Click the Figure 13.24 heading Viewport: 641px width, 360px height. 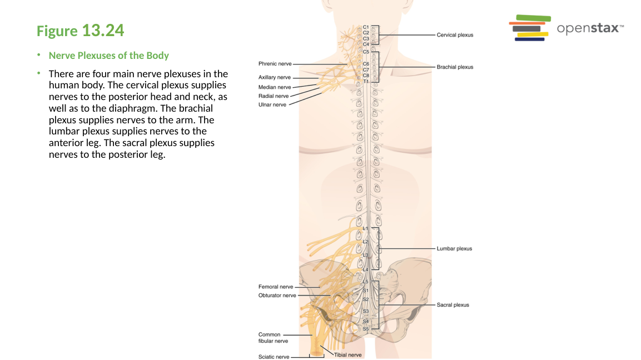point(80,31)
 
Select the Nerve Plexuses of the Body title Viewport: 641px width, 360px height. point(109,56)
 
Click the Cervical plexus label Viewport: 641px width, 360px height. point(455,35)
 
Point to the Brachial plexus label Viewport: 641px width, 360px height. point(455,67)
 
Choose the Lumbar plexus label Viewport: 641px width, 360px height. point(454,249)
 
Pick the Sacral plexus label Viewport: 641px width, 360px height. point(453,305)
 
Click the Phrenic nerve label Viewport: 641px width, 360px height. point(275,64)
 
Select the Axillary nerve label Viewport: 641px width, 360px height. point(274,78)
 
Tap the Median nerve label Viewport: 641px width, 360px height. point(274,87)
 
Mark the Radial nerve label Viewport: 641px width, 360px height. point(274,96)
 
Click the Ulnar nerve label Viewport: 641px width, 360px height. point(272,104)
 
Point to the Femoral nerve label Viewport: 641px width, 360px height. point(276,287)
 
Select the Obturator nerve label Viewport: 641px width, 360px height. point(277,296)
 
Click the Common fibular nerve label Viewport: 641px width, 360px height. point(273,338)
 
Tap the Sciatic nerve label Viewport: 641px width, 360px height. point(274,357)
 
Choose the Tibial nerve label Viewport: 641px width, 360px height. point(348,355)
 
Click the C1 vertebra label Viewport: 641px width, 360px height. point(366,27)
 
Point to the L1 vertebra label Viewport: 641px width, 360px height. point(365,228)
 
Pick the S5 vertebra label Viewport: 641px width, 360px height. point(366,329)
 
